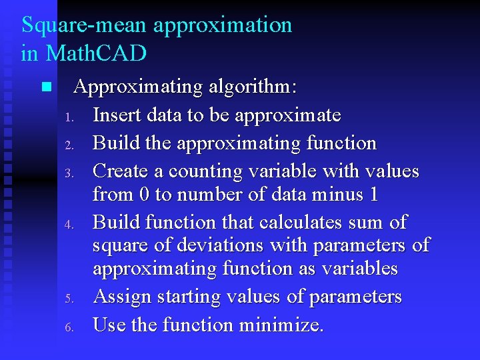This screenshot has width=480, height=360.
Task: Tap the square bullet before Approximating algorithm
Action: click(x=45, y=87)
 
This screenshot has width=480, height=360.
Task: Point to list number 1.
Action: click(x=68, y=118)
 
